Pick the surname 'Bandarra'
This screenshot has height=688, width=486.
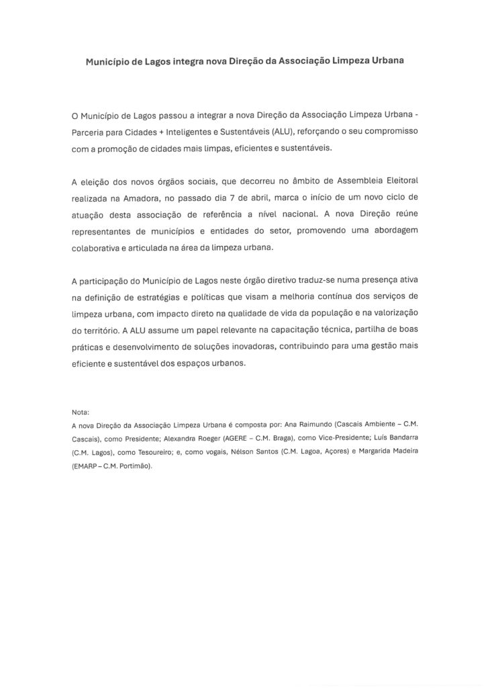pos(399,439)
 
